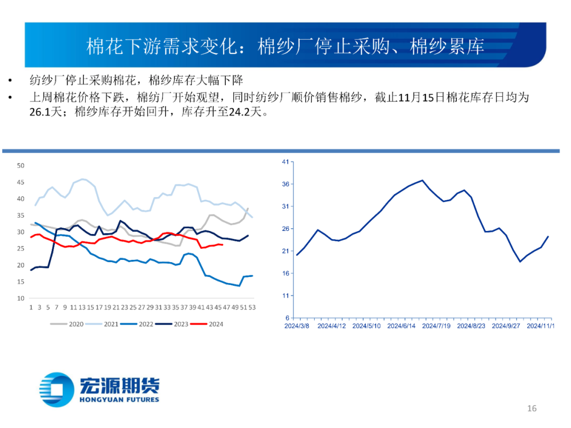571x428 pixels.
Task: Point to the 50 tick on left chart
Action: pyautogui.click(x=21, y=165)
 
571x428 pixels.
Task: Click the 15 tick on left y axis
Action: pyautogui.click(x=21, y=282)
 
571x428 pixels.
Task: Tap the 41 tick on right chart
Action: pyautogui.click(x=285, y=162)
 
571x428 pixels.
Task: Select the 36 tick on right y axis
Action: pyautogui.click(x=285, y=184)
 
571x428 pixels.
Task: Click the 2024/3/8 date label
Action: pyautogui.click(x=297, y=326)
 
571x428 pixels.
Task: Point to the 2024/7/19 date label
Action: pyautogui.click(x=436, y=326)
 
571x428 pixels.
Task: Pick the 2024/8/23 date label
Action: pyautogui.click(x=471, y=326)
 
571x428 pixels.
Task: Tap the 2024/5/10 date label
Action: pyautogui.click(x=366, y=326)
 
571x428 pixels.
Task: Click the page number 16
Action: pyautogui.click(x=532, y=408)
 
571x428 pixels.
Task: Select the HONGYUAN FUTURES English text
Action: pyautogui.click(x=119, y=399)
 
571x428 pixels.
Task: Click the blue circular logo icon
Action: pyautogui.click(x=57, y=390)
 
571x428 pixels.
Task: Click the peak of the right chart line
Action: pyautogui.click(x=422, y=180)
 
